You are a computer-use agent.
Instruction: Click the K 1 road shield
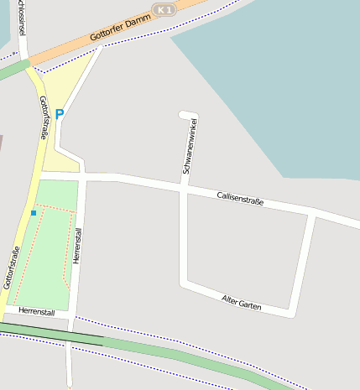point(164,8)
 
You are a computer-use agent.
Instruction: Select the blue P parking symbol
point(59,113)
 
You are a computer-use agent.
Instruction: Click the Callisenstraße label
point(240,197)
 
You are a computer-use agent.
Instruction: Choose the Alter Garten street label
point(242,303)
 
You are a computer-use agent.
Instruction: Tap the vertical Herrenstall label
point(78,247)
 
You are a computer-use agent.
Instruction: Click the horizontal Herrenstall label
point(35,312)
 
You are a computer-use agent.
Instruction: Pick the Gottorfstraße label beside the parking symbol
point(44,117)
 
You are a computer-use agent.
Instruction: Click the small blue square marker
point(34,213)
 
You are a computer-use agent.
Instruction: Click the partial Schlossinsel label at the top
point(21,17)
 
